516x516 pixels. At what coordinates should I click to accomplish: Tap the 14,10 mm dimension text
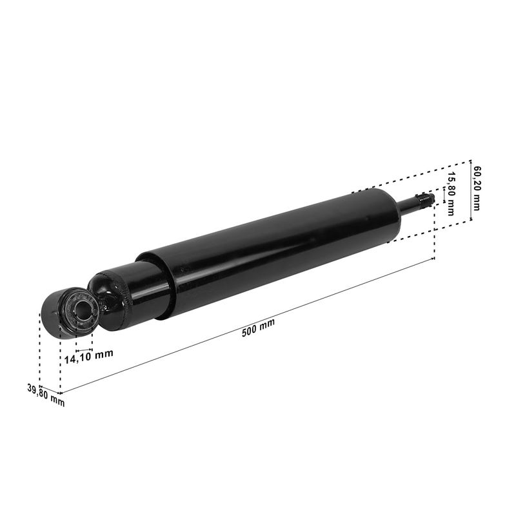point(89,357)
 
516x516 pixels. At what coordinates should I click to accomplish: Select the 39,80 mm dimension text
point(46,395)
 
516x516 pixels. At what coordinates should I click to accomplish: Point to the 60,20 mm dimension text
point(477,188)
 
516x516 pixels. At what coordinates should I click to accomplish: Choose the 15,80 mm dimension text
point(451,194)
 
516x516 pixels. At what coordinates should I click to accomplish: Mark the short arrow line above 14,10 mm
point(84,350)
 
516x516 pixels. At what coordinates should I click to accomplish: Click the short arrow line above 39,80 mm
point(50,390)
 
